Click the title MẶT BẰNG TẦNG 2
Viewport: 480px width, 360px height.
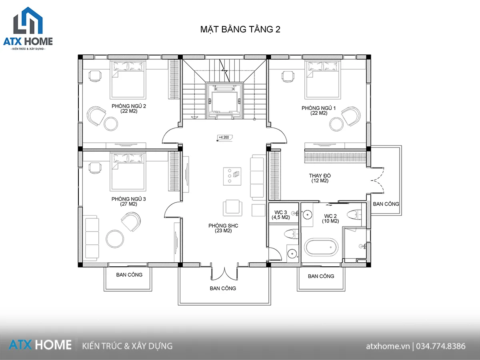(240, 30)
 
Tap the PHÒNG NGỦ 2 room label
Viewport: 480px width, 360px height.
(129, 108)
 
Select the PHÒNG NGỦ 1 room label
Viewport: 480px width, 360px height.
(319, 110)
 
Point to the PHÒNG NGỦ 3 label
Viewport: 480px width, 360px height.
(128, 201)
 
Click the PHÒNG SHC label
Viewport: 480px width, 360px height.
(223, 228)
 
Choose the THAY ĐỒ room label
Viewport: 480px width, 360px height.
(320, 178)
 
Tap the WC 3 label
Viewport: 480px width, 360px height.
(281, 215)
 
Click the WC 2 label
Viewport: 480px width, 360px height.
(330, 218)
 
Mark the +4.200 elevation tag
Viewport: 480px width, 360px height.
(224, 138)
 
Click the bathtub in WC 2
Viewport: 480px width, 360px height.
(321, 247)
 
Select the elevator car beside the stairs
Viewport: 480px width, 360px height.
(224, 101)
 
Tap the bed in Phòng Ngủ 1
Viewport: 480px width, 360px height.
(323, 80)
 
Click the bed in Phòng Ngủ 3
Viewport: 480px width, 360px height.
(128, 171)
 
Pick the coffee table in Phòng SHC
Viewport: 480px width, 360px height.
(232, 176)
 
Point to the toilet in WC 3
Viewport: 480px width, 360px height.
(291, 234)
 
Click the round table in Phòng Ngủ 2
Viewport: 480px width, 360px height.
(111, 124)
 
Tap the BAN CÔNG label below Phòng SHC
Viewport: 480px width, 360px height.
(223, 288)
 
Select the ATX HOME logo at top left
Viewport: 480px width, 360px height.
(28, 28)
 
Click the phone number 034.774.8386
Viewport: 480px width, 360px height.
(441, 346)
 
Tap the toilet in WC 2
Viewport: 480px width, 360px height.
(354, 214)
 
